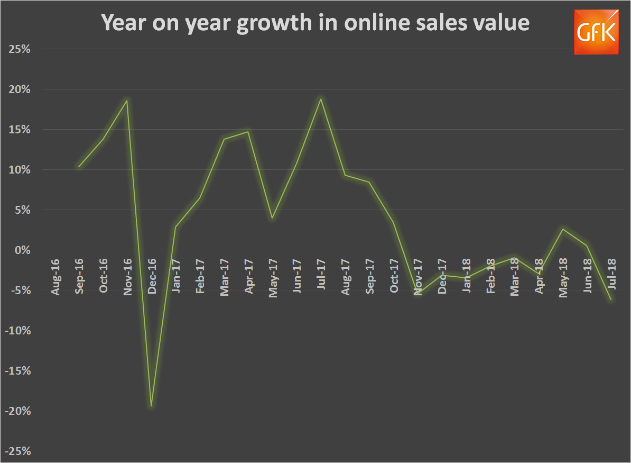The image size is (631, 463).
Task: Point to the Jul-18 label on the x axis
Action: (x=611, y=274)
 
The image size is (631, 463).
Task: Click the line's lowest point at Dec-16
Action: (x=151, y=406)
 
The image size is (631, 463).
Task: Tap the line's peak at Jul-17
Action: (x=321, y=99)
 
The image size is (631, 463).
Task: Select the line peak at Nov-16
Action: (x=127, y=100)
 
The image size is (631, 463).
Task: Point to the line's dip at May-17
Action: (x=272, y=218)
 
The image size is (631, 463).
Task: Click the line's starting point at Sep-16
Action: (x=79, y=167)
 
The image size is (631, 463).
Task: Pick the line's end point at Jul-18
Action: (x=611, y=300)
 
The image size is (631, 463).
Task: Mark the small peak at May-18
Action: (x=563, y=229)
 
